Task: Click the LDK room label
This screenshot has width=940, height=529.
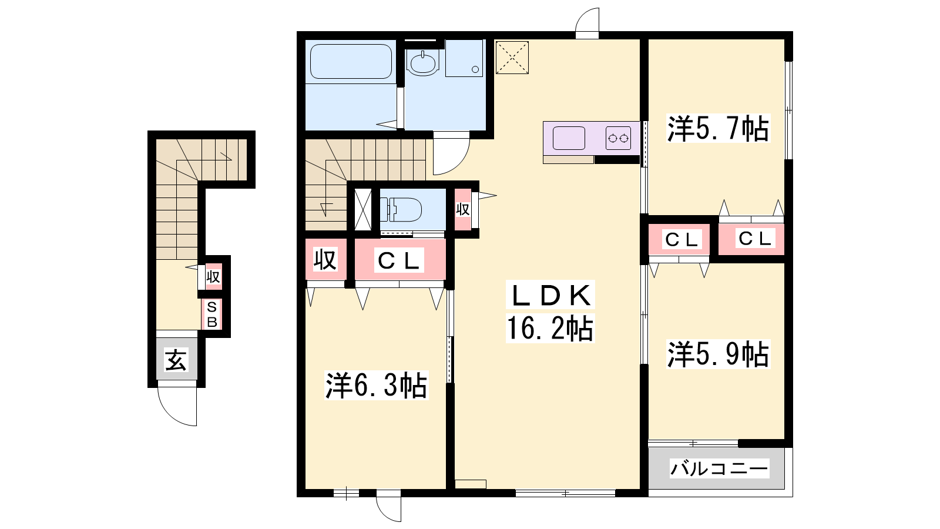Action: (550, 296)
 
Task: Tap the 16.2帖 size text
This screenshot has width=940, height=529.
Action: (550, 328)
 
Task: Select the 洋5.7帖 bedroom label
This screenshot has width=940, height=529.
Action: (718, 128)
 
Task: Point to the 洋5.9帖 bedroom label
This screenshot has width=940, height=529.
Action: (718, 354)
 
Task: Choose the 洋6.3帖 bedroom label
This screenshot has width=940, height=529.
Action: (377, 385)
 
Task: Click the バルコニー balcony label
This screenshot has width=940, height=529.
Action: (719, 468)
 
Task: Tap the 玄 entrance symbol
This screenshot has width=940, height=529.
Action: (176, 360)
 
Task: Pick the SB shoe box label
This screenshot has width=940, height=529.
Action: (212, 314)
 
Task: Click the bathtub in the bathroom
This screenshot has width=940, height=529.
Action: (351, 61)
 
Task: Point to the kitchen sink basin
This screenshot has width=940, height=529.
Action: (569, 138)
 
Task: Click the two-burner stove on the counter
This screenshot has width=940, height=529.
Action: (618, 138)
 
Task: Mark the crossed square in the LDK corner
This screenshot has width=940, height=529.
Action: (512, 57)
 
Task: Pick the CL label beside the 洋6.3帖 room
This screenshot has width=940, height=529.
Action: (399, 261)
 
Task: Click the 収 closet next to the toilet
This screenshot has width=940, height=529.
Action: (462, 209)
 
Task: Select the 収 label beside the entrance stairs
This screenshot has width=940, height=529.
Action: (213, 277)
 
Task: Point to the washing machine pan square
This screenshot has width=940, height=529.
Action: (464, 58)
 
